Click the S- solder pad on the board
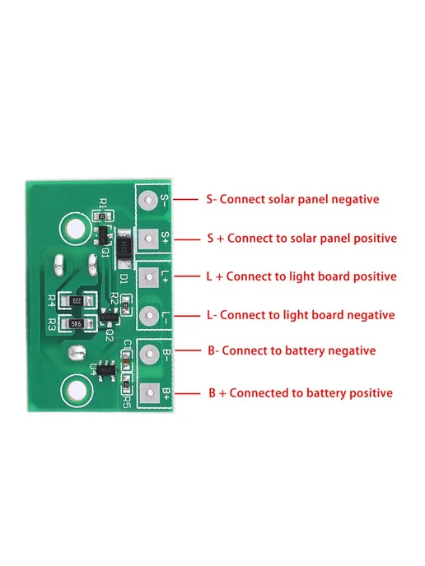(148, 200)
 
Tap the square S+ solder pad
(148, 239)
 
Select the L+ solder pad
(149, 277)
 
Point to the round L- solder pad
(149, 316)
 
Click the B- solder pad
(149, 354)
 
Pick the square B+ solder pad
(150, 393)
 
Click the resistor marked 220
(77, 301)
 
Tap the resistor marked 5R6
(77, 324)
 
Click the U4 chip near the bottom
(107, 370)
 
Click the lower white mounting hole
(77, 390)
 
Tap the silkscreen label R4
(52, 301)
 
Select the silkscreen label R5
(126, 402)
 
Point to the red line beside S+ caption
(187, 239)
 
